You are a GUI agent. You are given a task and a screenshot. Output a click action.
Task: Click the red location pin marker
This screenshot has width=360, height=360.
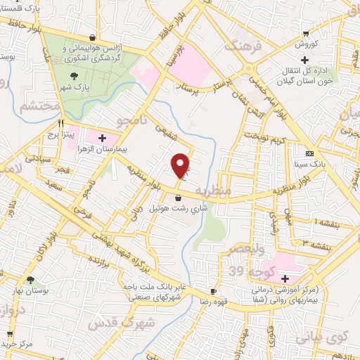pos(181,165)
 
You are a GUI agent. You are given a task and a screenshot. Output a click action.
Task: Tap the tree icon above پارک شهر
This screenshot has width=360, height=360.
pos(75,77)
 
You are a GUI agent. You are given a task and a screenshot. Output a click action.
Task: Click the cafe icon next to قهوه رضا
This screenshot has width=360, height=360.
pos(213,291)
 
